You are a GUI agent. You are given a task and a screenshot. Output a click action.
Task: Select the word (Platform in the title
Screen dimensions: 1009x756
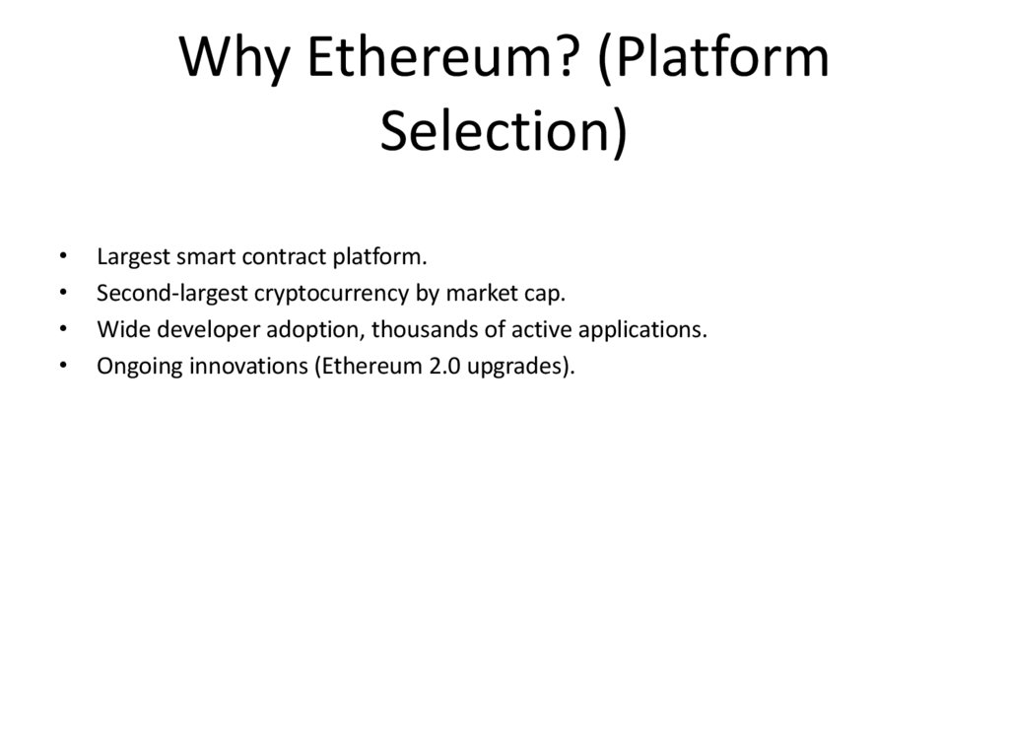pyautogui.click(x=713, y=58)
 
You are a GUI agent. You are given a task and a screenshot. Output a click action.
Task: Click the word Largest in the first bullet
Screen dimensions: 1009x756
pyautogui.click(x=133, y=258)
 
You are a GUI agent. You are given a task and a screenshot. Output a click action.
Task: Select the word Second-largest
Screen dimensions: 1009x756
pyautogui.click(x=172, y=294)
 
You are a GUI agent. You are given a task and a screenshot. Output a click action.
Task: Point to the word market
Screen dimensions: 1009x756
pyautogui.click(x=478, y=294)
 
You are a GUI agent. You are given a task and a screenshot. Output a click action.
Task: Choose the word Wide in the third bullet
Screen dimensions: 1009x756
pyautogui.click(x=117, y=329)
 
